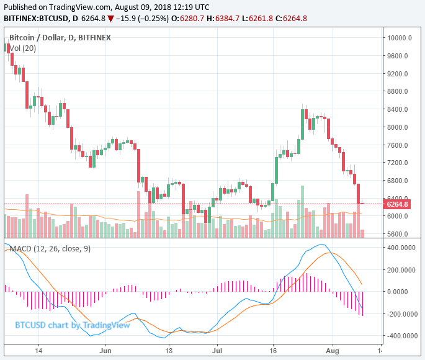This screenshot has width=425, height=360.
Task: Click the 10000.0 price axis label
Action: coord(400,38)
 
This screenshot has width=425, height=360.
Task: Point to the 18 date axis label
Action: coord(168,351)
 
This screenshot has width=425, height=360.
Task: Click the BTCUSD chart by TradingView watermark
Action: coord(73,325)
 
